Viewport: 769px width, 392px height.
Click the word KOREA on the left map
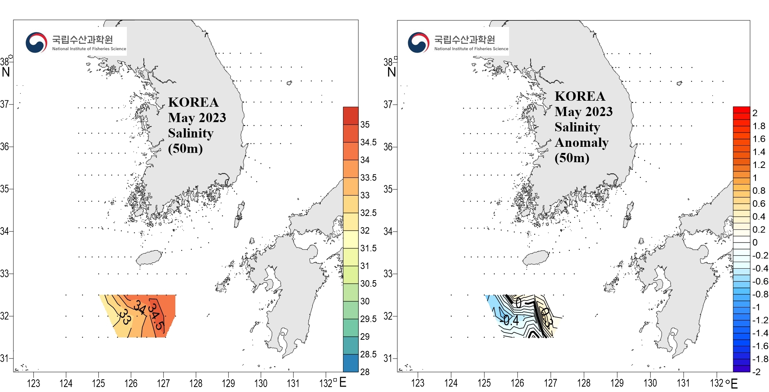(193, 102)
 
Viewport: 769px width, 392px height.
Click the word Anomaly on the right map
(581, 143)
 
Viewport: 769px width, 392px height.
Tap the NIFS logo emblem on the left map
(36, 42)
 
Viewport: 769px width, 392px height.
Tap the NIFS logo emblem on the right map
(418, 42)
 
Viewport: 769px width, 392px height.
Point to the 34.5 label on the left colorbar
(368, 142)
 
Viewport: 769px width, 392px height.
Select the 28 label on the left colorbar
(365, 372)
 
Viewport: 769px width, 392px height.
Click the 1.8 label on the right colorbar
(759, 126)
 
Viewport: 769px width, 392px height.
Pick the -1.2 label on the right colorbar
(760, 320)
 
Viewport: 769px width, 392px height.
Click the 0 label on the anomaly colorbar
(755, 242)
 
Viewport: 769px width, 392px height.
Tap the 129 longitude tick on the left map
(228, 383)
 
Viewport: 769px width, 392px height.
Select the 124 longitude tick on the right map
(451, 383)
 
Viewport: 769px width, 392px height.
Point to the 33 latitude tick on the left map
(5, 274)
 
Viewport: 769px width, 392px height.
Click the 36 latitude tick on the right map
(388, 147)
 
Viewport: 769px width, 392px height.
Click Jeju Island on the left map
(149, 258)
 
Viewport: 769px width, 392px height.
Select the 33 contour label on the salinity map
(125, 317)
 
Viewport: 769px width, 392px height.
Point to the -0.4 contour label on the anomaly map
(510, 320)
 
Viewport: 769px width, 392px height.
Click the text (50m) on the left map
(185, 148)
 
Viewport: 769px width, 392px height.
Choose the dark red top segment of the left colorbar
(350, 116)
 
